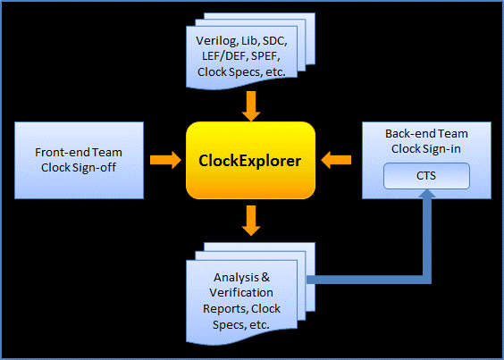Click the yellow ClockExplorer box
coord(250,160)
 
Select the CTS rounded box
coord(426,176)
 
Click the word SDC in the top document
coord(274,40)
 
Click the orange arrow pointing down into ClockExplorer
coord(251,106)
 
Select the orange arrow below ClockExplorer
coord(251,221)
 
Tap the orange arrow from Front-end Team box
coord(166,160)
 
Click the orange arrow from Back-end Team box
coord(336,160)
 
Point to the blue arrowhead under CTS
coord(427,193)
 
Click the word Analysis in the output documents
coord(236,277)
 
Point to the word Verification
coord(241,292)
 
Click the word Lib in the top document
coord(250,40)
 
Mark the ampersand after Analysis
coord(265,277)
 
